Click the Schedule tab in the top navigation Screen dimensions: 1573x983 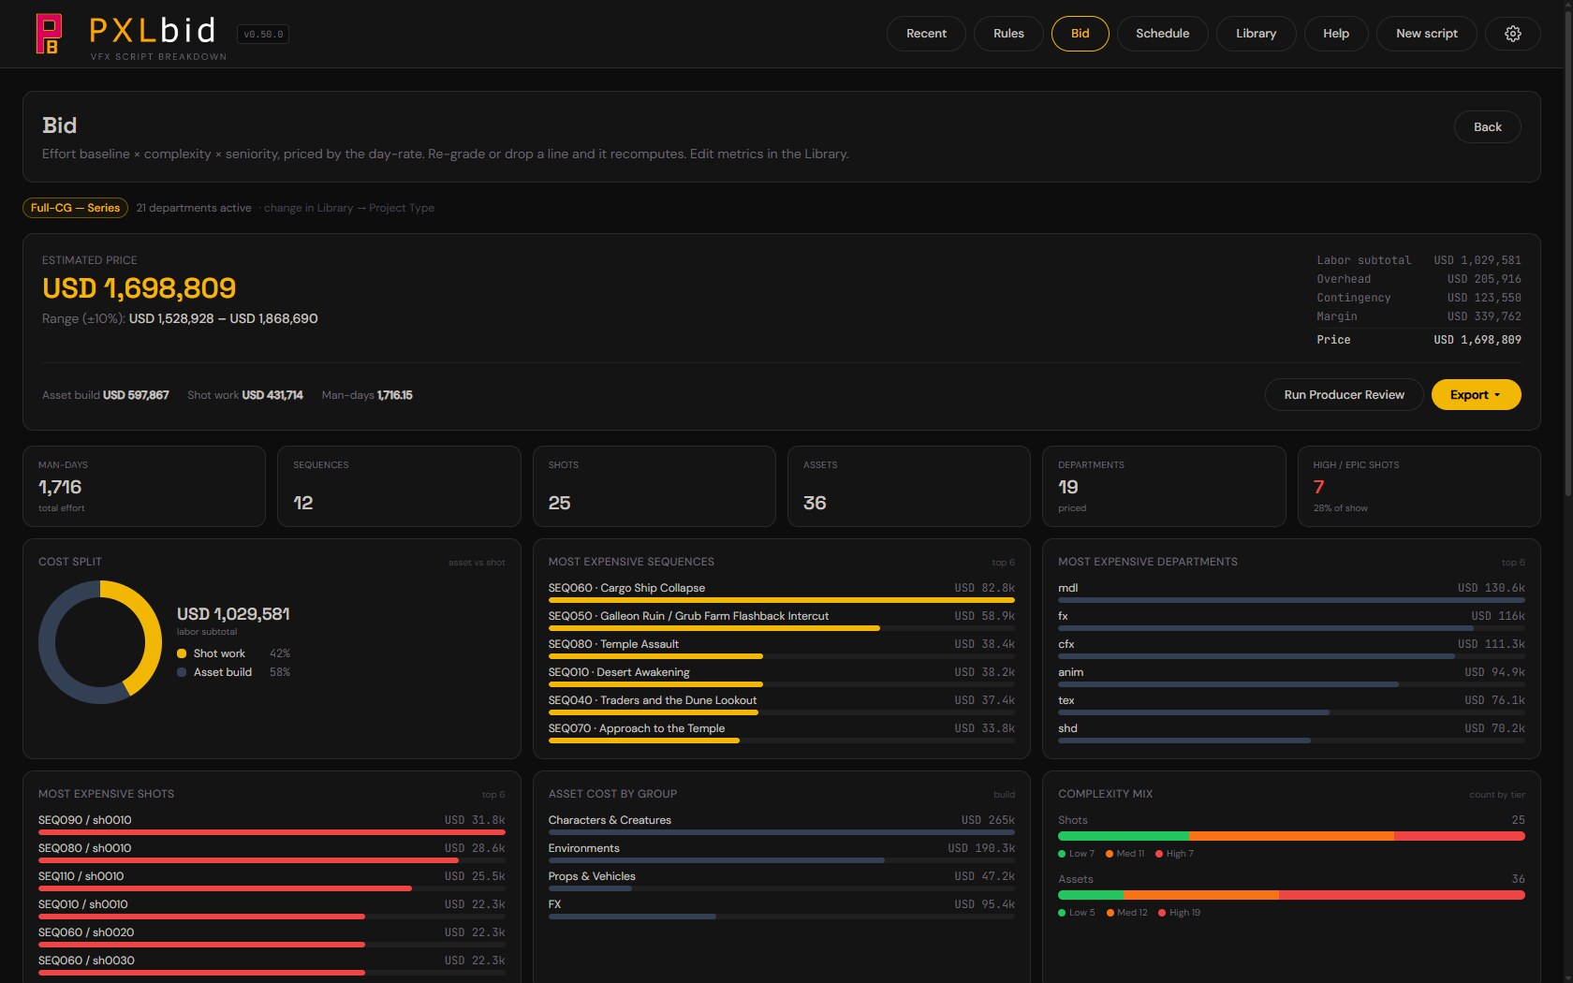(x=1162, y=34)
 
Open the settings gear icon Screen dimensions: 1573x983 (x=1513, y=34)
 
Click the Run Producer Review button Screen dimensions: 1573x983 (x=1345, y=395)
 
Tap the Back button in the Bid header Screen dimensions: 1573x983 (x=1487, y=127)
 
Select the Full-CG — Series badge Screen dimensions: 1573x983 (x=75, y=208)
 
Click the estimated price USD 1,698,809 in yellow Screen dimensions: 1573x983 (x=139, y=288)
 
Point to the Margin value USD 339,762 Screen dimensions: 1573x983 (x=1484, y=316)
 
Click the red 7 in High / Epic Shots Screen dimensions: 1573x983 (x=1318, y=487)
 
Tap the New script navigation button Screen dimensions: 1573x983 (x=1426, y=34)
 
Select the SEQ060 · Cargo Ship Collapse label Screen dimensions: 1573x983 (x=626, y=588)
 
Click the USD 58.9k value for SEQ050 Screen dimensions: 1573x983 (x=985, y=616)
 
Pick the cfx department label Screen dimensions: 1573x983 (x=1066, y=644)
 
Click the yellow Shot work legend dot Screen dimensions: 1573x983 (x=182, y=653)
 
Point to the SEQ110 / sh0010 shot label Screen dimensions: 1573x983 (x=81, y=876)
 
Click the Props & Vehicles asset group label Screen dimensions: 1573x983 (x=592, y=876)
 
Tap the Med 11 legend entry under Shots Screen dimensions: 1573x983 (x=1125, y=854)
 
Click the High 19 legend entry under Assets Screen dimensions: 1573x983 (x=1179, y=913)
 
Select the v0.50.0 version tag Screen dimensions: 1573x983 (x=263, y=35)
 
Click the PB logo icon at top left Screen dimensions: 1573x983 (x=49, y=34)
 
